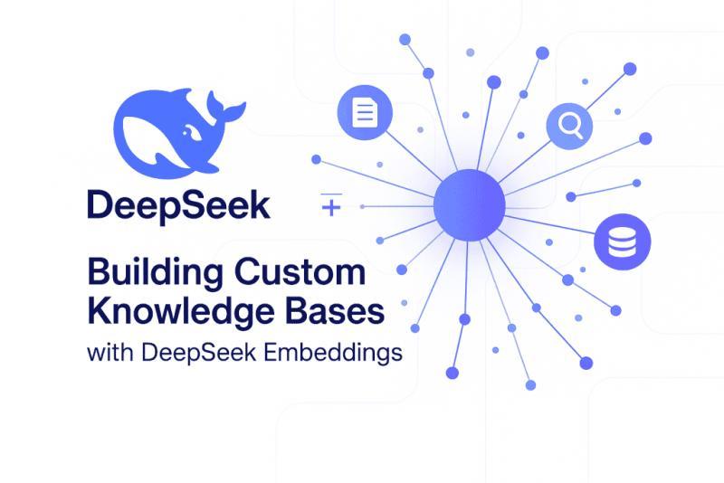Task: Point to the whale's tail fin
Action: click(225, 110)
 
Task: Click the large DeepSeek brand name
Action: click(178, 205)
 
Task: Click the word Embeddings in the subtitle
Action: click(340, 354)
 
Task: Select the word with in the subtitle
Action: click(110, 353)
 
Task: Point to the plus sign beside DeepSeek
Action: click(331, 209)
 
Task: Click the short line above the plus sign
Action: click(330, 194)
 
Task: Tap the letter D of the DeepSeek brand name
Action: click(102, 205)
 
